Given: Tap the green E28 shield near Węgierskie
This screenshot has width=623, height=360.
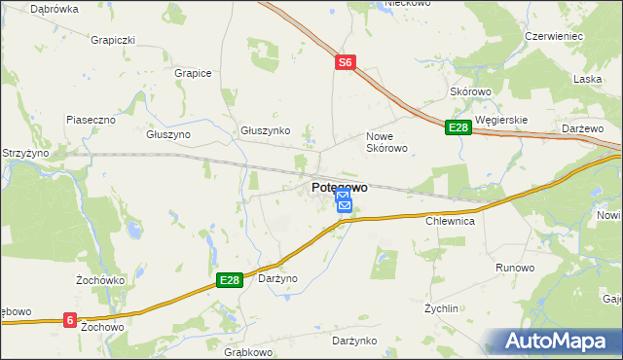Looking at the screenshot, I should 458,127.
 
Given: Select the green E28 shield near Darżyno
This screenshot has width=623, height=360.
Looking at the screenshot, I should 228,280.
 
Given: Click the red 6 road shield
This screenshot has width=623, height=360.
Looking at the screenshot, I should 70,318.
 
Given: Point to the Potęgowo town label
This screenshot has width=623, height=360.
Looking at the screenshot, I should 340,187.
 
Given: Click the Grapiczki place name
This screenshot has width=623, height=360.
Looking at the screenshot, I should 112,41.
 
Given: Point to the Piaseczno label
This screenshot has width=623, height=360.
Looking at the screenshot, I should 92,119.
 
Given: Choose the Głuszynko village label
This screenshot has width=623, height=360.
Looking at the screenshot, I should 266,129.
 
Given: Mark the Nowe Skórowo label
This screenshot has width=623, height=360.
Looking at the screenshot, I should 385,142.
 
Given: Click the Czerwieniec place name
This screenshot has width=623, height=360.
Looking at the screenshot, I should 553,36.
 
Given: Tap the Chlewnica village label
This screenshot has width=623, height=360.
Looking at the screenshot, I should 450,222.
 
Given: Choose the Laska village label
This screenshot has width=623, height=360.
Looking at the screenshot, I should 587,79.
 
